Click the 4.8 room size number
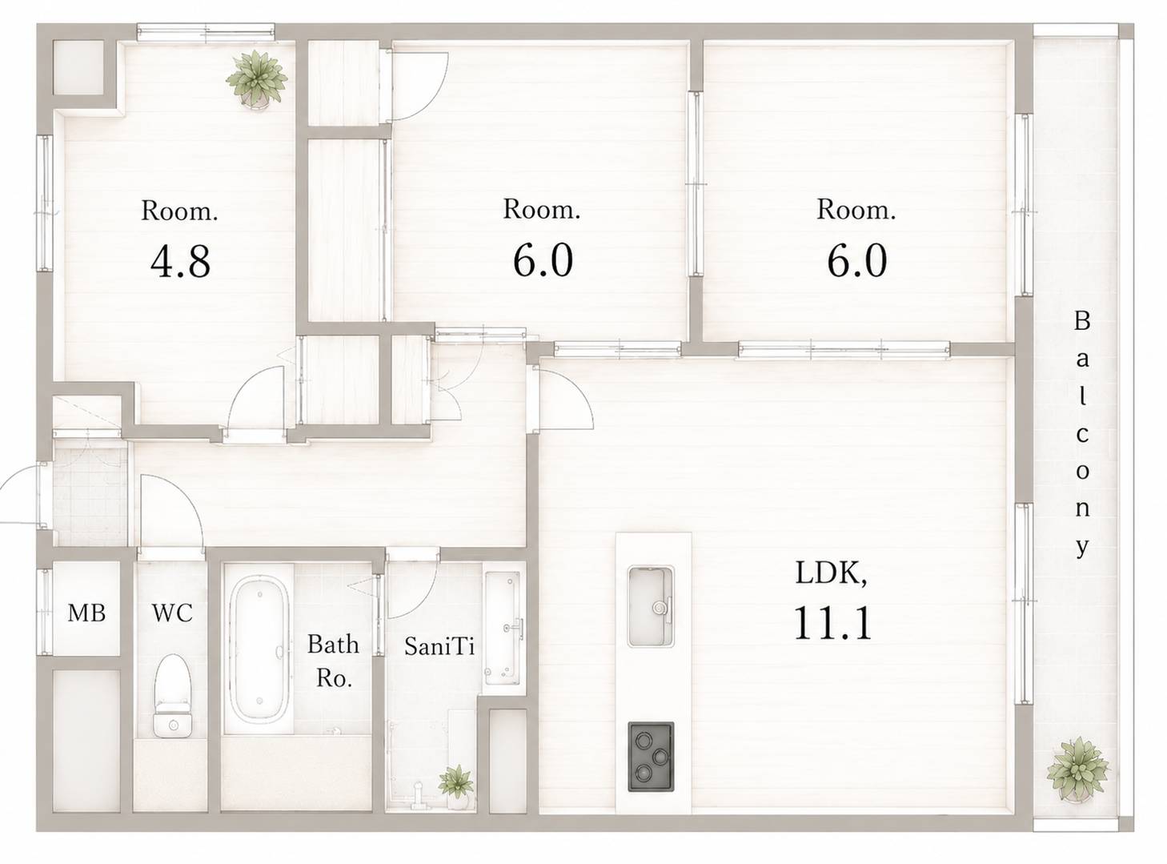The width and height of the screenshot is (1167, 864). tap(180, 262)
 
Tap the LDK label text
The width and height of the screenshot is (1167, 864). tap(831, 574)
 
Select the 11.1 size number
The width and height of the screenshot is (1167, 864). tap(832, 623)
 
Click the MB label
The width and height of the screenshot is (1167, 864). tap(86, 613)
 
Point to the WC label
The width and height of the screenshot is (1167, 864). tap(172, 613)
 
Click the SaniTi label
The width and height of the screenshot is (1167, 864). tap(439, 646)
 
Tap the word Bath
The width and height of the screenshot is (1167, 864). tap(333, 644)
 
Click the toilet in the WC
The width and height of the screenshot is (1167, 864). tap(172, 695)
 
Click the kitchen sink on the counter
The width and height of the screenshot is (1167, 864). tap(651, 606)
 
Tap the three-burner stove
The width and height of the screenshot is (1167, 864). tap(651, 757)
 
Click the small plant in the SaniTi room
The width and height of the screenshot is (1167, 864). tap(455, 786)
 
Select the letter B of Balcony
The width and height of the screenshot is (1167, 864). tap(1081, 321)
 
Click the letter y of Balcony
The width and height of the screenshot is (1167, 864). tap(1082, 548)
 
